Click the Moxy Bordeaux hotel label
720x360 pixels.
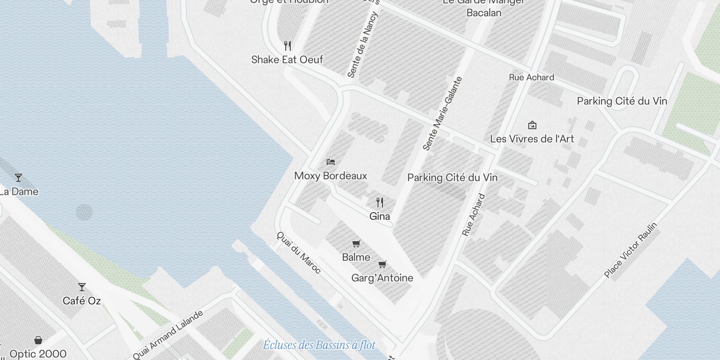coord(331,176)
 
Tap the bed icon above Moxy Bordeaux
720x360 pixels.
coord(331,162)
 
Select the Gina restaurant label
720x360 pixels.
coord(379,216)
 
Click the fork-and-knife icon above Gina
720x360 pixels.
coord(380,202)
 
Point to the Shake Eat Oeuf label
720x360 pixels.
coord(287,59)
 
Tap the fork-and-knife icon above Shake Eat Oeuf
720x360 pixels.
coord(288,45)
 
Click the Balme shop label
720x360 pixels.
coord(356,257)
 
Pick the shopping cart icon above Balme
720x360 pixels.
coord(356,244)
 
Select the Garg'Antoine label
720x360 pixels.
coord(382,278)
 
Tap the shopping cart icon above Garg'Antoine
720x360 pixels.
coord(382,264)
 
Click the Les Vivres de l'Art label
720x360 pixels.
coord(532,139)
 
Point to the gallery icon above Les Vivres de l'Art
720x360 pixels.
coord(532,125)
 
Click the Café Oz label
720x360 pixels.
coord(82,301)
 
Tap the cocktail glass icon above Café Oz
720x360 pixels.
coord(81,287)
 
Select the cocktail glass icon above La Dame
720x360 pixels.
coord(18,178)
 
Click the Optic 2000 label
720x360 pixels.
coord(38,354)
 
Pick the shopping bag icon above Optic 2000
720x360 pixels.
coord(38,340)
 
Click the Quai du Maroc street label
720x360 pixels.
coord(299,252)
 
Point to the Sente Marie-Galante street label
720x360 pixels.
coord(442,113)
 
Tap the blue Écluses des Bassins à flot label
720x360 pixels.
coord(319,345)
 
